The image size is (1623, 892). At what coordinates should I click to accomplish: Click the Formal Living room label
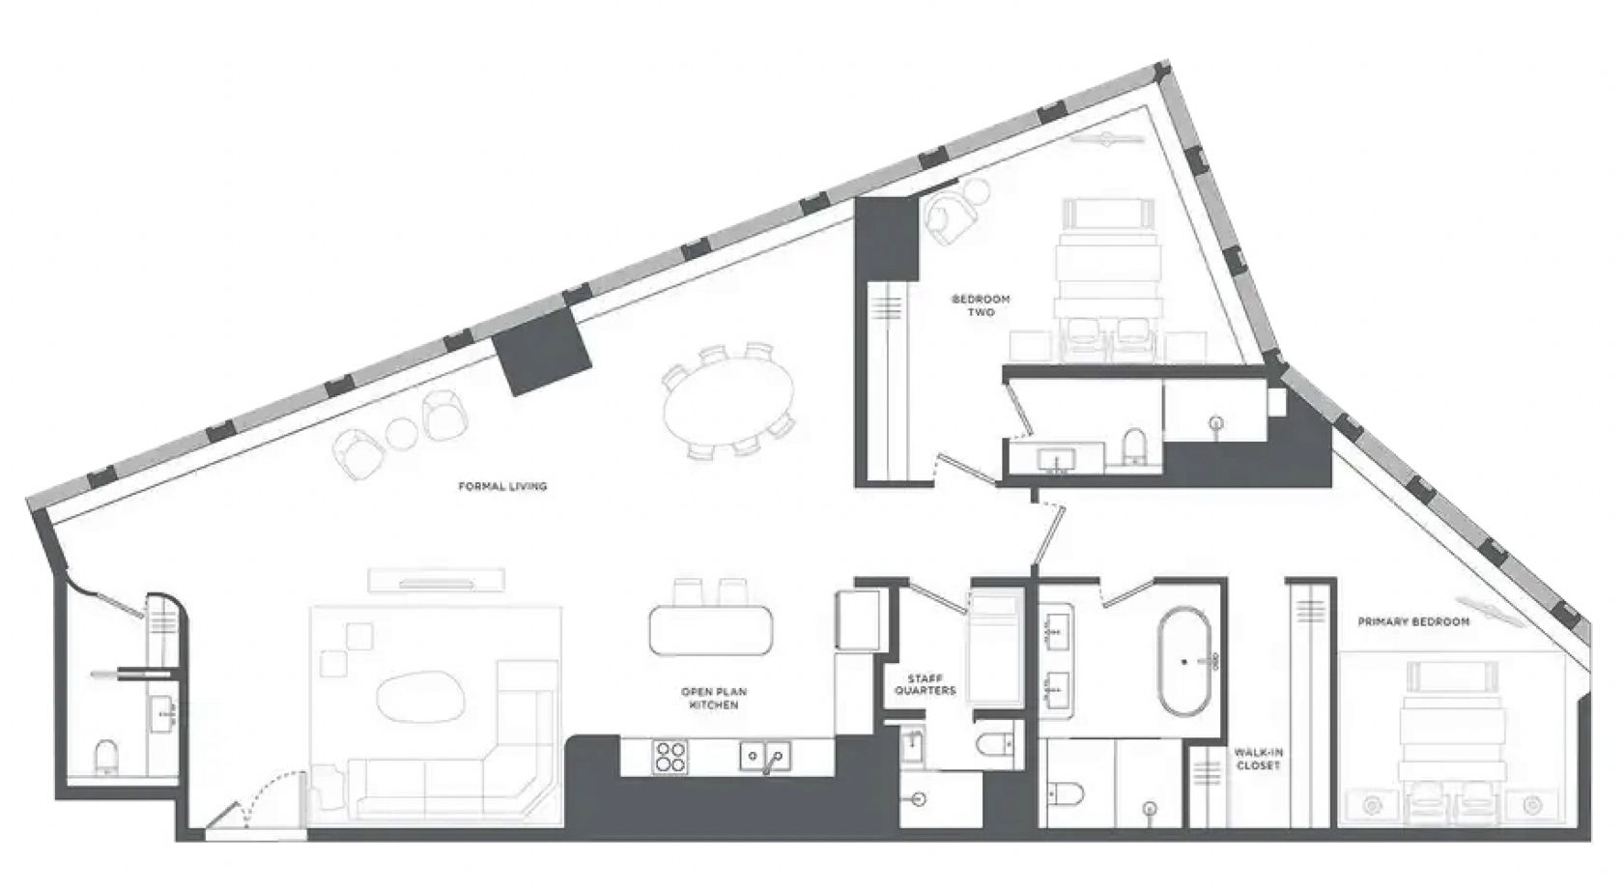(502, 486)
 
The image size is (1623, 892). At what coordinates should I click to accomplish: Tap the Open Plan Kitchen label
(714, 698)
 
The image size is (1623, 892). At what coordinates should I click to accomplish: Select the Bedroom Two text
(981, 305)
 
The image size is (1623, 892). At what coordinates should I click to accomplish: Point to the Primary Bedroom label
(1412, 621)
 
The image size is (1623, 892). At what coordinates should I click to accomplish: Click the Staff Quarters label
(925, 685)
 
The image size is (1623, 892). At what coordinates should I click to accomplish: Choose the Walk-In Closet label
(1259, 759)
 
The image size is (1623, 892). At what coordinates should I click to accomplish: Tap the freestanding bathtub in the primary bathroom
(1184, 661)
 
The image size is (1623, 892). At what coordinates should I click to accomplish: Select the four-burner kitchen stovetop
(669, 757)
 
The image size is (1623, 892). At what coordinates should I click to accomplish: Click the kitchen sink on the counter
(765, 757)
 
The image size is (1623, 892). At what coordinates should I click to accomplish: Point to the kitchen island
(711, 630)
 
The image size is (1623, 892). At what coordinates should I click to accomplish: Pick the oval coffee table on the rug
(420, 697)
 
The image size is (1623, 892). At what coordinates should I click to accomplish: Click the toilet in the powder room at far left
(106, 758)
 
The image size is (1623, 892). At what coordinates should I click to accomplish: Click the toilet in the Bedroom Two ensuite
(1134, 446)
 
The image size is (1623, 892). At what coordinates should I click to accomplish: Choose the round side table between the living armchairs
(401, 433)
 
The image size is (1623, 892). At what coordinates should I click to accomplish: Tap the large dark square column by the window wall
(542, 351)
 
